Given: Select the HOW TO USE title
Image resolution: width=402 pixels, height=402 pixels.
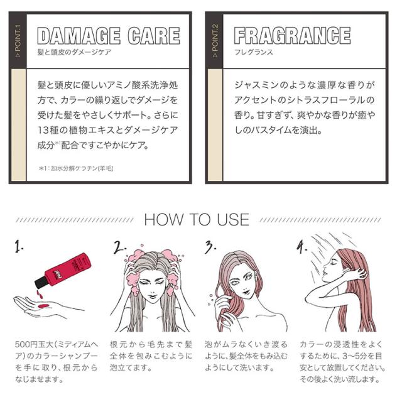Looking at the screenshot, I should (197, 220).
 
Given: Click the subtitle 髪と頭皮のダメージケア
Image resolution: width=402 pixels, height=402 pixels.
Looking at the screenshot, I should (74, 53).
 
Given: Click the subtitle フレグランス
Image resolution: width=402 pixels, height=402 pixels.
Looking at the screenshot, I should (253, 53).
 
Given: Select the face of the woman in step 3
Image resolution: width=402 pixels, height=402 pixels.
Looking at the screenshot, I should (242, 280).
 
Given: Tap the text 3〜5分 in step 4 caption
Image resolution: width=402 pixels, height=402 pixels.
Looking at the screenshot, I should (356, 357).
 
